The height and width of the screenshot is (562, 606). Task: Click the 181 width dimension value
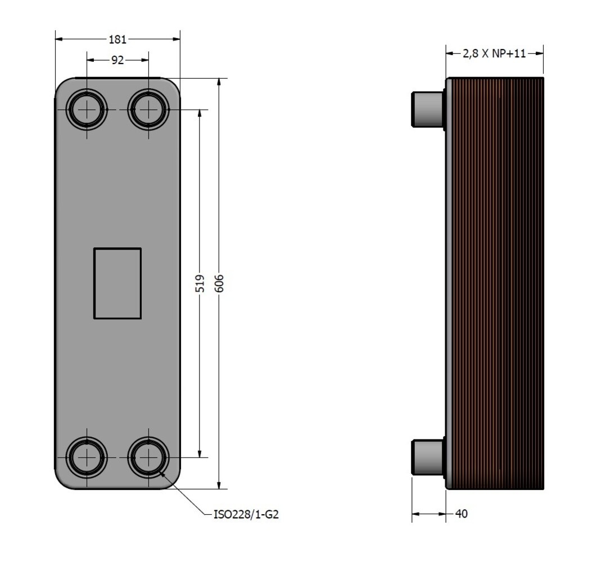[x=117, y=39]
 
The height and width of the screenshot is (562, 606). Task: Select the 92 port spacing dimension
[x=117, y=60]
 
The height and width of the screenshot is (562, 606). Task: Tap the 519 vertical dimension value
[x=200, y=283]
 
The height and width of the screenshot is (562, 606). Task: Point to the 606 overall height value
[x=219, y=283]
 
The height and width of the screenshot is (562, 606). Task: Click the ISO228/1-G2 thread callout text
[x=246, y=514]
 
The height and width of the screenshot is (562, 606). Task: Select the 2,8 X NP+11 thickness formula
[x=494, y=53]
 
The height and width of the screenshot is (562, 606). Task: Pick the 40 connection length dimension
[x=462, y=514]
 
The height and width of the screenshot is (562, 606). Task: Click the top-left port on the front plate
[x=87, y=110]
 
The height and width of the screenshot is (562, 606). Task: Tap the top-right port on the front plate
[x=148, y=110]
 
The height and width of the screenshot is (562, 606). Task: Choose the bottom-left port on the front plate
[x=87, y=457]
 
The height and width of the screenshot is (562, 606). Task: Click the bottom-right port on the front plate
[x=148, y=457]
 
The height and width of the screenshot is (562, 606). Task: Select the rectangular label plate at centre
[x=117, y=283]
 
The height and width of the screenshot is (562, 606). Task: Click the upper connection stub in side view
[x=428, y=109]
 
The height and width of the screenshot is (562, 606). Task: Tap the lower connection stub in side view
[x=428, y=457]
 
